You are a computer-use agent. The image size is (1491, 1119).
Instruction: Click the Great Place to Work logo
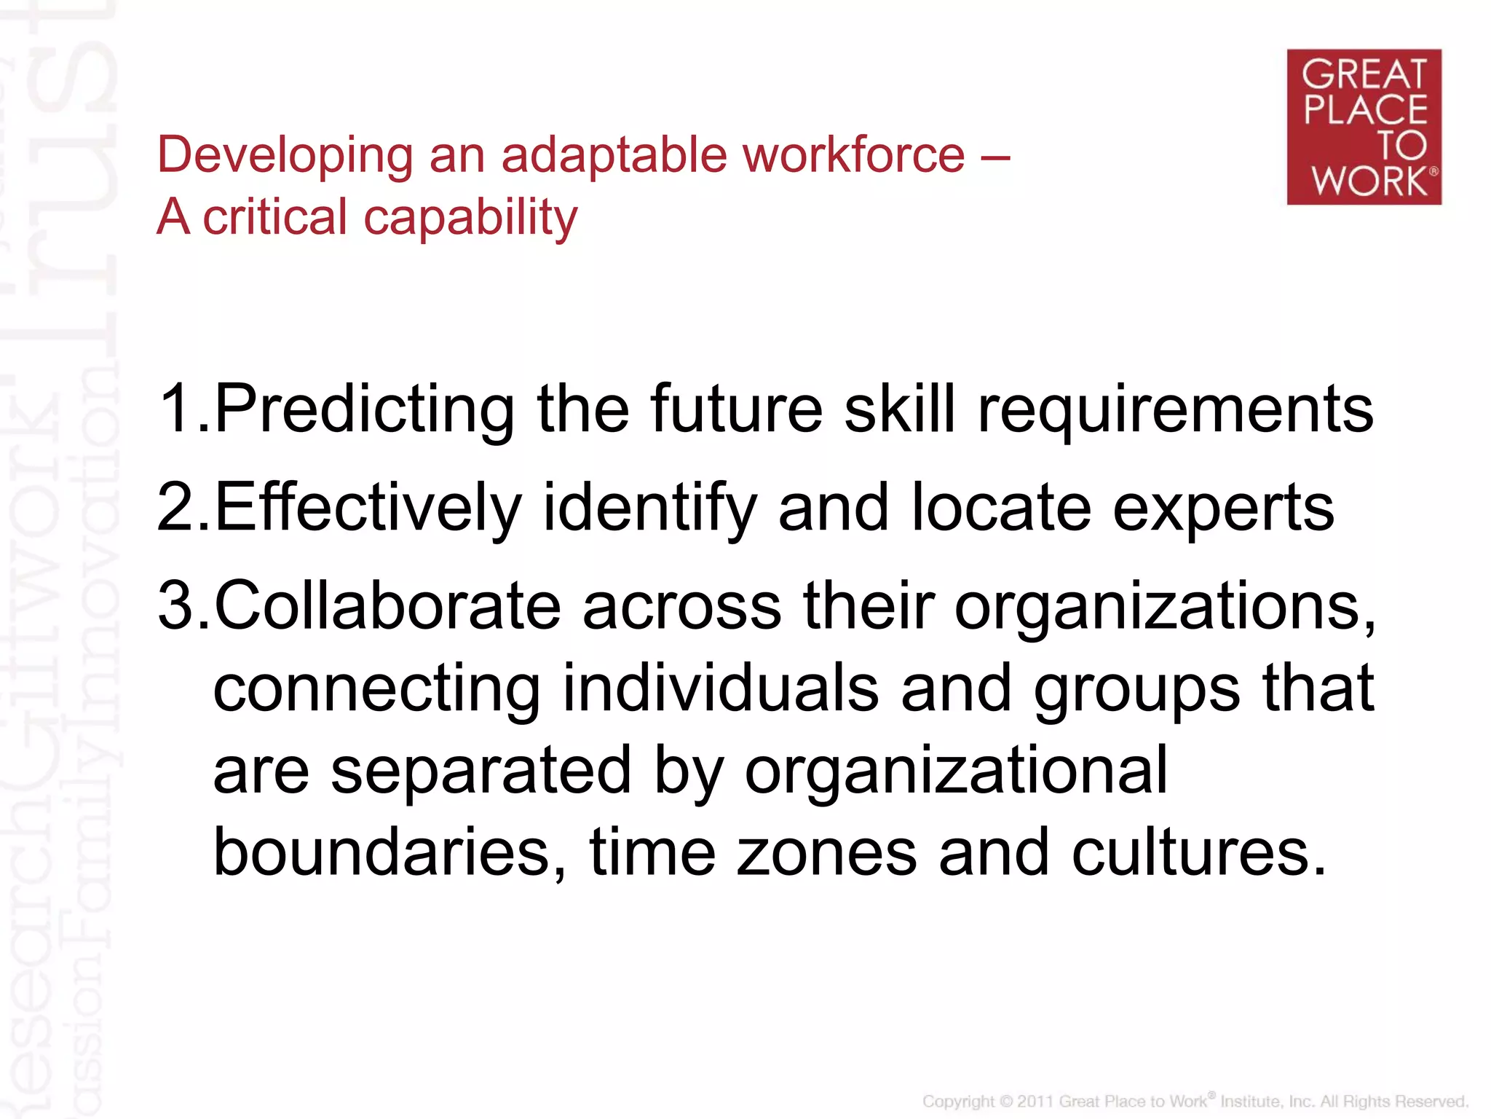pyautogui.click(x=1364, y=127)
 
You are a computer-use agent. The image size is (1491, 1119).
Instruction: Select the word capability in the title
pyautogui.click(x=470, y=219)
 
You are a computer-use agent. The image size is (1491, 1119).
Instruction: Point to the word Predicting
pyautogui.click(x=365, y=410)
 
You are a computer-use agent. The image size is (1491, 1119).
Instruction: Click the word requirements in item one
pyautogui.click(x=1175, y=410)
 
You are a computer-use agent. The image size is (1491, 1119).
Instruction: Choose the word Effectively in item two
pyautogui.click(x=368, y=509)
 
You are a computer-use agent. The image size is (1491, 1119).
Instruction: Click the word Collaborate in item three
pyautogui.click(x=388, y=606)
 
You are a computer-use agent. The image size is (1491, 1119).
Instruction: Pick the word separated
pyautogui.click(x=480, y=771)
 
